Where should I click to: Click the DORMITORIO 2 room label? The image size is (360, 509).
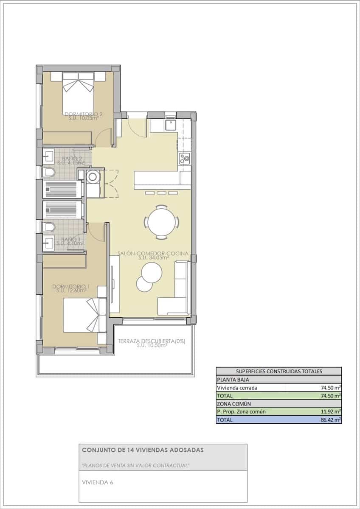83,114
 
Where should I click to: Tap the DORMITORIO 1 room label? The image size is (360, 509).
70,287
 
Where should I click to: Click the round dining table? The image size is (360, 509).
162,221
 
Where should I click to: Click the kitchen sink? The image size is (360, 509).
171,125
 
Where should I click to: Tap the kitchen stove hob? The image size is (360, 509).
185,159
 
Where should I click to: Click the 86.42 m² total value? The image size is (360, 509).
332,420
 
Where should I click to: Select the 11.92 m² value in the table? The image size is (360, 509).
332,411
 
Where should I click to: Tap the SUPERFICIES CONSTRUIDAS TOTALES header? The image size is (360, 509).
278,371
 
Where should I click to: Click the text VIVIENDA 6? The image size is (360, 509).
97,482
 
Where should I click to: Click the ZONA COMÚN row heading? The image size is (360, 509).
233,403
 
